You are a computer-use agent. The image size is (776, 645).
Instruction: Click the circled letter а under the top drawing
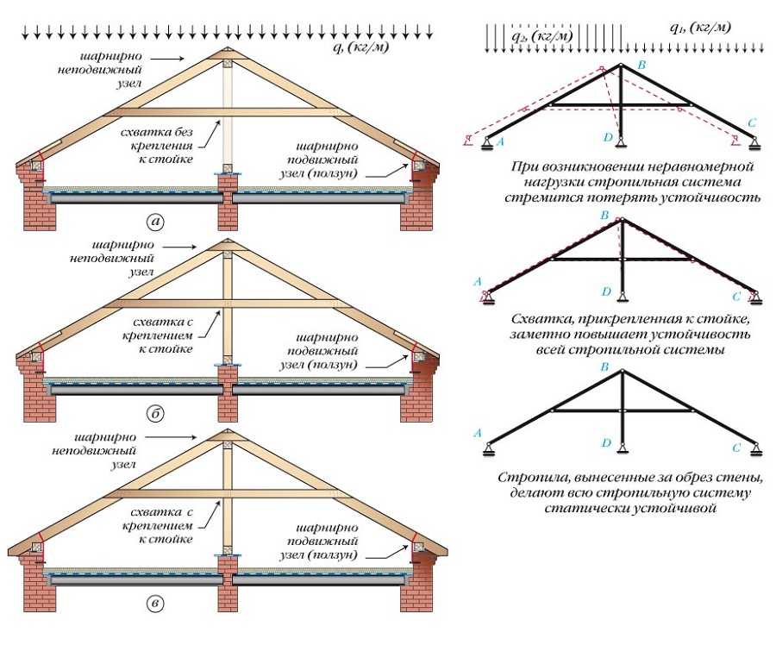(155, 222)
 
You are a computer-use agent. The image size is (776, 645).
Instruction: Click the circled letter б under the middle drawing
(155, 413)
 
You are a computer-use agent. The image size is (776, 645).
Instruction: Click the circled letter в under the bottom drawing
(155, 603)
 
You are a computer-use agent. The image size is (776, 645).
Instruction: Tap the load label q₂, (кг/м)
(542, 35)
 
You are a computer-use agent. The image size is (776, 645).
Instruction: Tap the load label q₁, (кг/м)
(700, 28)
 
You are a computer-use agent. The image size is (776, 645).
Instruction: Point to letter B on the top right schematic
(641, 65)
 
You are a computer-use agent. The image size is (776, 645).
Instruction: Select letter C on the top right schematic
(752, 122)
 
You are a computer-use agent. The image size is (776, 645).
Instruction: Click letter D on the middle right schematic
(607, 291)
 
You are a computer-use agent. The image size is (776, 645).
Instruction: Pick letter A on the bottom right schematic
(478, 434)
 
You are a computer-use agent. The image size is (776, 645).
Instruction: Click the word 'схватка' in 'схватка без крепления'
(147, 133)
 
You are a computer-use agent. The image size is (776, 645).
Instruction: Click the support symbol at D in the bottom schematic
(622, 448)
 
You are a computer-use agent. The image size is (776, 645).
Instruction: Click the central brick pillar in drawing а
(227, 202)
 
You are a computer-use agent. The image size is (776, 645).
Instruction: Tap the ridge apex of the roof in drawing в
(227, 429)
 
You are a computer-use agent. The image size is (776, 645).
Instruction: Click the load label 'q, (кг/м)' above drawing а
(360, 47)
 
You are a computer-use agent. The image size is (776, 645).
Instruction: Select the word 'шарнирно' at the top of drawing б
(123, 245)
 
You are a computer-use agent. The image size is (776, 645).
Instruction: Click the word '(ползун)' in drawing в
(332, 555)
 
